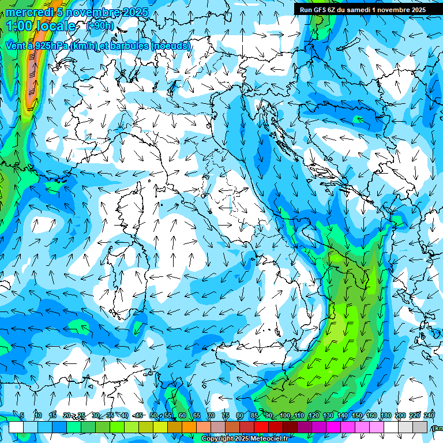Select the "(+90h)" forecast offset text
100,26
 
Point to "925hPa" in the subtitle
50,46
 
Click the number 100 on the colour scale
285,416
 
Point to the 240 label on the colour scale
429,416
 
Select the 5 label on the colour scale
22,416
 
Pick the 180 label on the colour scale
385,416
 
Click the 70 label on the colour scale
211,416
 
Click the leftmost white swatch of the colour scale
16,427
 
